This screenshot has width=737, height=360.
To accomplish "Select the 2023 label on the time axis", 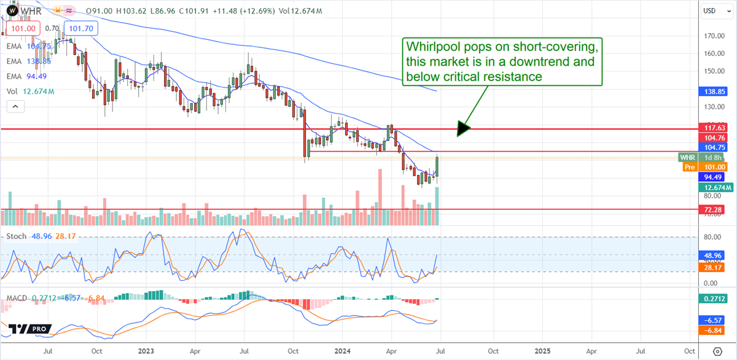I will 146,351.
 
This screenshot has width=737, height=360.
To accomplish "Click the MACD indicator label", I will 17,298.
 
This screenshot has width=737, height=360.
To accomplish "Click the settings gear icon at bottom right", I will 717,351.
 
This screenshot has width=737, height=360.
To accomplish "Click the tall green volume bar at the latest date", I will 437,205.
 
